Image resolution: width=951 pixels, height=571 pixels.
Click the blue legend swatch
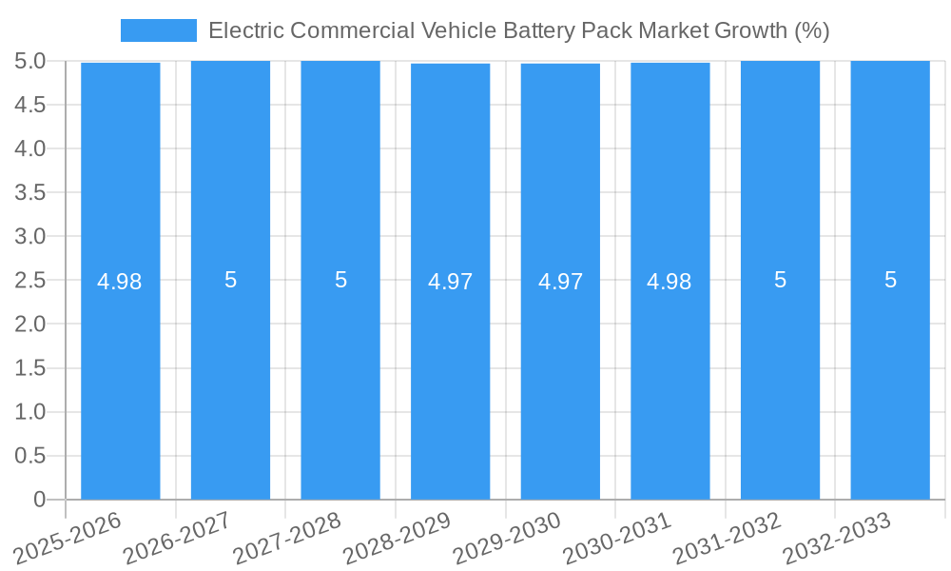pyautogui.click(x=158, y=30)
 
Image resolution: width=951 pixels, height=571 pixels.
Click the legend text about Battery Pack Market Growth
pyautogui.click(x=518, y=30)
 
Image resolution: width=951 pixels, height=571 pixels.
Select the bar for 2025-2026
pyautogui.click(x=121, y=381)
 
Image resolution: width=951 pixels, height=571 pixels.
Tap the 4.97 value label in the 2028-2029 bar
pyautogui.click(x=451, y=282)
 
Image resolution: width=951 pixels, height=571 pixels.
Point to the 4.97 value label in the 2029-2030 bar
pyautogui.click(x=560, y=282)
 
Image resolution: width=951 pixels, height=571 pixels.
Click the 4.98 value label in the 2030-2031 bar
pyautogui.click(x=670, y=282)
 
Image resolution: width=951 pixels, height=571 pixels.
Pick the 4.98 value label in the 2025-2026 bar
pyautogui.click(x=120, y=282)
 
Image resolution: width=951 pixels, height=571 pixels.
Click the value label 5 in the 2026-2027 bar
pyautogui.click(x=230, y=280)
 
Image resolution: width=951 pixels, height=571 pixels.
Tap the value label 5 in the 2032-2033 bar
pyautogui.click(x=890, y=280)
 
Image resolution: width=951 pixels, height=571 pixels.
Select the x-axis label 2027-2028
pyautogui.click(x=287, y=538)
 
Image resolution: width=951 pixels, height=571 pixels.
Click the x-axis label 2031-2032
pyautogui.click(x=727, y=538)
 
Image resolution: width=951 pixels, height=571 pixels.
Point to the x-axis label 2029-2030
pyautogui.click(x=507, y=538)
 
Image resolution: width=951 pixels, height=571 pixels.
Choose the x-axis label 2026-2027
pyautogui.click(x=178, y=538)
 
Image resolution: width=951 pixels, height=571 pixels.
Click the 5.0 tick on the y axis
pyautogui.click(x=29, y=61)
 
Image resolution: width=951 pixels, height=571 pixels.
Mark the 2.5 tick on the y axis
pyautogui.click(x=29, y=281)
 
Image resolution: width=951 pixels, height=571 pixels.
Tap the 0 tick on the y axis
pyautogui.click(x=39, y=500)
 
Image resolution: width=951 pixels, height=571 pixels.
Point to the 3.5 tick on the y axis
pyautogui.click(x=29, y=192)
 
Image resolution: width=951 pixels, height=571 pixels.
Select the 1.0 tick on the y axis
pyautogui.click(x=29, y=412)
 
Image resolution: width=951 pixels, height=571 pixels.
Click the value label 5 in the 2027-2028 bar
pyautogui.click(x=340, y=280)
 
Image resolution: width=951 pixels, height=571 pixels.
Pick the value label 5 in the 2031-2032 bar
pyautogui.click(x=780, y=280)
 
